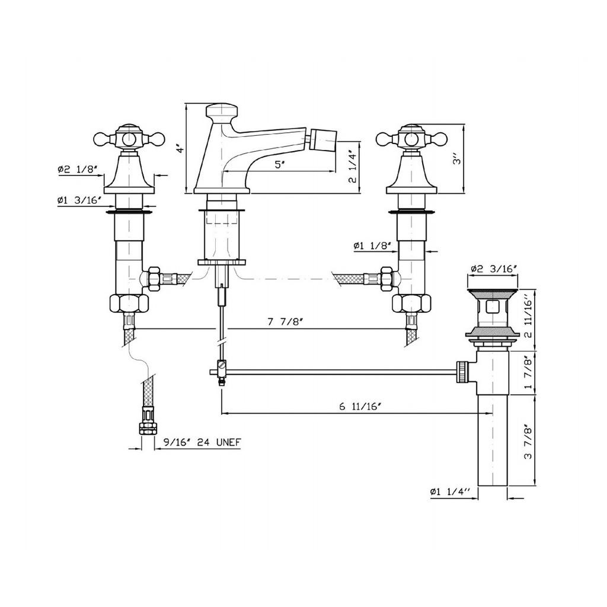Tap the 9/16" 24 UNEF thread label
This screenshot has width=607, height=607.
click(x=202, y=442)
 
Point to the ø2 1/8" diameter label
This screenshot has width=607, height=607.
click(x=76, y=169)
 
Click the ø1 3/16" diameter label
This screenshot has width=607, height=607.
click(x=79, y=200)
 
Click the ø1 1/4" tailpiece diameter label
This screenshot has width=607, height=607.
click(x=450, y=491)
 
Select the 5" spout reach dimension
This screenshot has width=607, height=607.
click(x=279, y=165)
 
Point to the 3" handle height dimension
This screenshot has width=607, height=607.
click(x=458, y=158)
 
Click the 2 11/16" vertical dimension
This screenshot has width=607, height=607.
click(x=528, y=319)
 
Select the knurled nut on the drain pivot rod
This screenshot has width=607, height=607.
click(x=462, y=372)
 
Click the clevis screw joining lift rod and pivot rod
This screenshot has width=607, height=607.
click(x=222, y=365)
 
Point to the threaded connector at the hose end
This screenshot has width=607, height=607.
click(x=148, y=422)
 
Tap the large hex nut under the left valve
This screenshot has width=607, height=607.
click(x=129, y=303)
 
